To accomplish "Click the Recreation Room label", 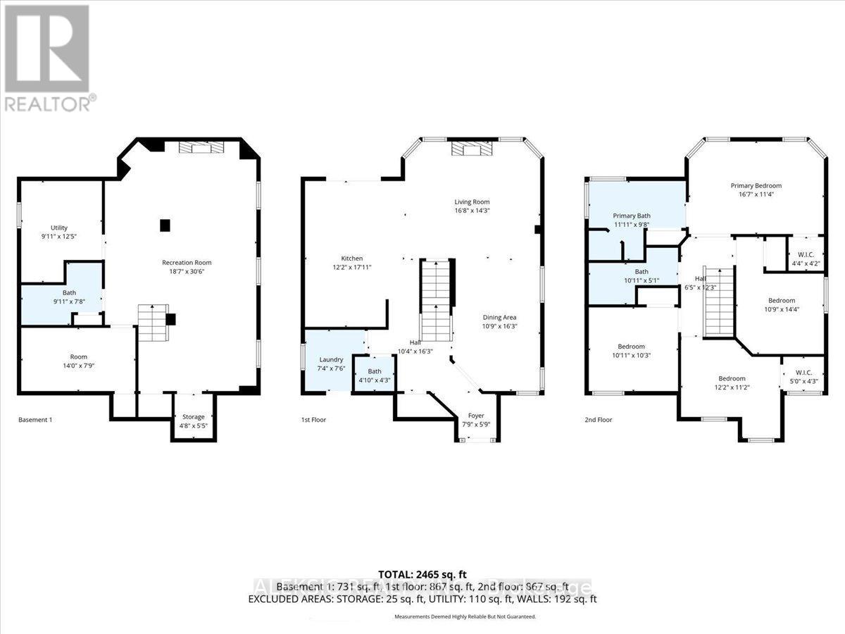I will [x=187, y=263].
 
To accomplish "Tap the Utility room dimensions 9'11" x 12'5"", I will [x=58, y=237].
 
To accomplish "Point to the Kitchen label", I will [x=351, y=259].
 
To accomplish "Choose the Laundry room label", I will [x=330, y=360].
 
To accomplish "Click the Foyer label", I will [x=477, y=416].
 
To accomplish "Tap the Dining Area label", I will [x=499, y=317].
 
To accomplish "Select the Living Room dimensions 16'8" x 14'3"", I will [x=471, y=210].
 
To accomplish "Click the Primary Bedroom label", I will [x=756, y=186].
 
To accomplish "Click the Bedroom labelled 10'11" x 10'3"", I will [x=631, y=346].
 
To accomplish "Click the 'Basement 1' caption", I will [x=35, y=420].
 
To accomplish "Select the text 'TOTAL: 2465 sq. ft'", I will [x=423, y=573].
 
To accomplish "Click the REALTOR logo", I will [x=48, y=56].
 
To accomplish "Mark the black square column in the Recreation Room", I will [x=165, y=225].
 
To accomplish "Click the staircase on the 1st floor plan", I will [x=437, y=299].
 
